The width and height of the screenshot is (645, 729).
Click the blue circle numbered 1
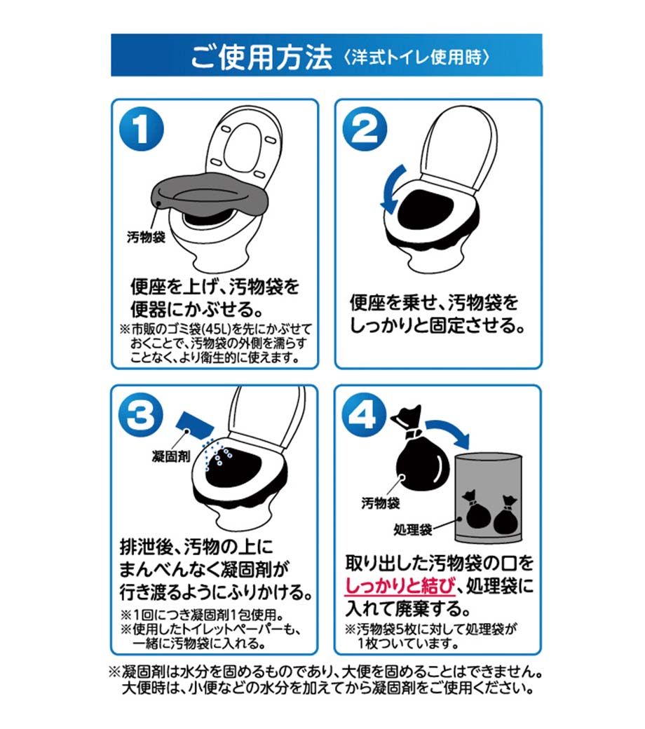pos(142,129)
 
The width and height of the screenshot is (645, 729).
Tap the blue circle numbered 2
pos(365,129)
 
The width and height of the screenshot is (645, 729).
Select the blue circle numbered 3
pos(141,415)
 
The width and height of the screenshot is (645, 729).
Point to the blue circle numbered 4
pos(364,415)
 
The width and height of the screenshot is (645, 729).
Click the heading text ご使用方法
pos(262,57)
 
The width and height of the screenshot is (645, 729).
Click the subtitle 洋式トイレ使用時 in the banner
pos(416,57)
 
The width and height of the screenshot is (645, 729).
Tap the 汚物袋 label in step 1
pos(146,237)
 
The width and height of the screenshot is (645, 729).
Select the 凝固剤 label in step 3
pos(171,456)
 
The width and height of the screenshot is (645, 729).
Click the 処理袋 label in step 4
pos(412,529)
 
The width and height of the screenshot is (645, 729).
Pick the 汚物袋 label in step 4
pos(381,503)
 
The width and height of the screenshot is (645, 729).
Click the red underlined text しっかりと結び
pos(400,586)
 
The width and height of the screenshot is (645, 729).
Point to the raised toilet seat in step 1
pos(243,145)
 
